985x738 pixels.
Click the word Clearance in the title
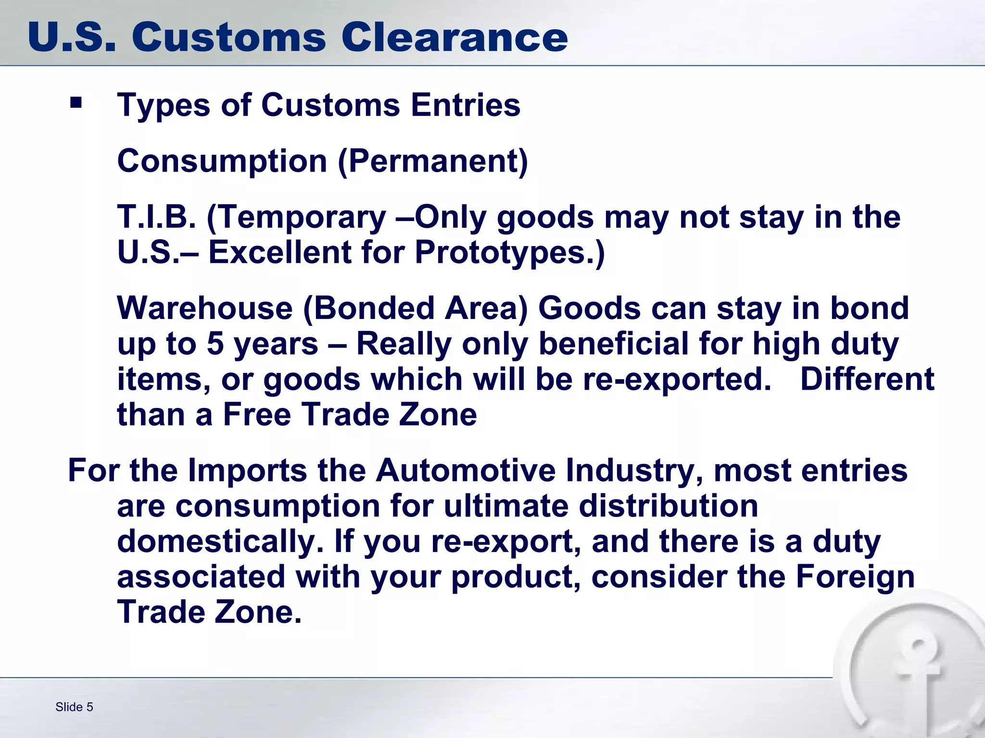(455, 37)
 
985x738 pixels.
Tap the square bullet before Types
(76, 102)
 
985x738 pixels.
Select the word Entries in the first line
(465, 105)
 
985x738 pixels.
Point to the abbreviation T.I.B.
(157, 217)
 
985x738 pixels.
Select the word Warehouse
(205, 308)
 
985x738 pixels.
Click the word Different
(867, 380)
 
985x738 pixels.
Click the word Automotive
(465, 470)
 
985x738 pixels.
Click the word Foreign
(855, 577)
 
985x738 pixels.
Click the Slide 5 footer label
(74, 707)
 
